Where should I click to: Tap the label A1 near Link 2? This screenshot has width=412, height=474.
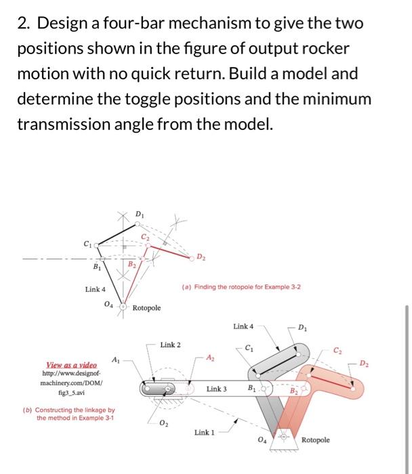[x=116, y=359]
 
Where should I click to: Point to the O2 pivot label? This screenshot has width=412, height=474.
[x=163, y=425]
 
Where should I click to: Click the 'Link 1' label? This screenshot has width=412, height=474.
[x=206, y=431]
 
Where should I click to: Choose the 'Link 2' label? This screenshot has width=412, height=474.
[x=171, y=345]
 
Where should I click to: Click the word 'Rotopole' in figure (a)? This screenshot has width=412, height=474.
[x=147, y=308]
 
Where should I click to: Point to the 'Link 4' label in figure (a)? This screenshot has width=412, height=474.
[x=95, y=289]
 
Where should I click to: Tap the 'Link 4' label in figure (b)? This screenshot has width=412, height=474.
[x=243, y=326]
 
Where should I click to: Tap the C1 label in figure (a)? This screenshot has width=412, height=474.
[x=86, y=243]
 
